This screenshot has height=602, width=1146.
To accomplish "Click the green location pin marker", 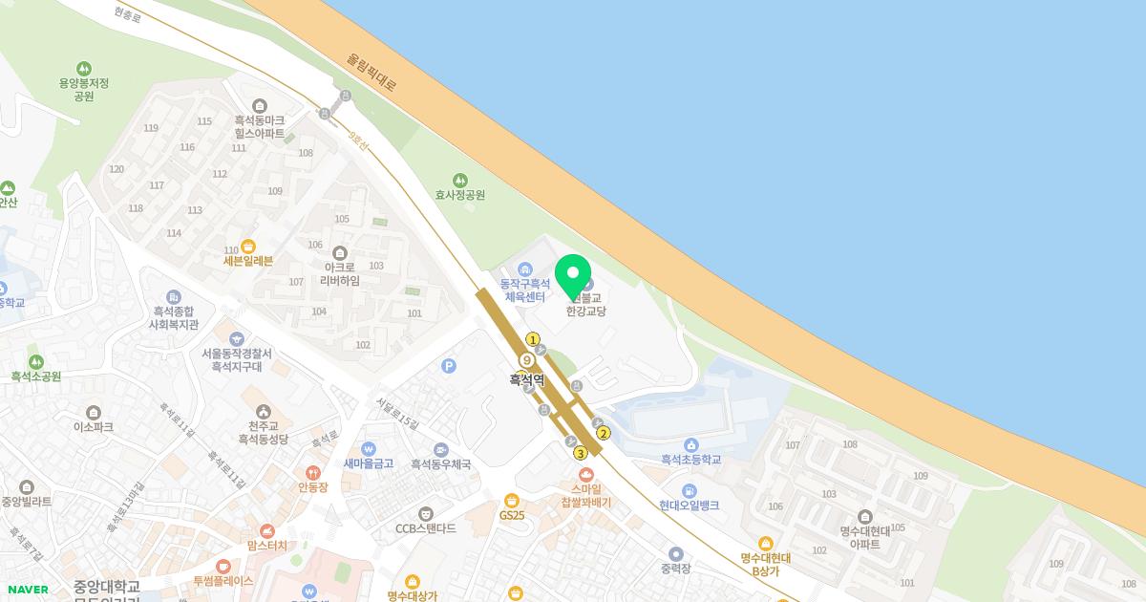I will click(573, 276).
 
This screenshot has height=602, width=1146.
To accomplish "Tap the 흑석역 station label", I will click(526, 379).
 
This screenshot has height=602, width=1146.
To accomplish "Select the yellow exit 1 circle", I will click(533, 339).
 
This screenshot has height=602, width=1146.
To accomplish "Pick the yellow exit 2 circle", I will click(603, 433).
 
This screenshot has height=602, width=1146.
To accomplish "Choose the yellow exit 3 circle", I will click(579, 453).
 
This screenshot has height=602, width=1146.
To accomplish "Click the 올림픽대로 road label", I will click(372, 72).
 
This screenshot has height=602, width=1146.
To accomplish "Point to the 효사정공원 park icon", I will click(460, 180).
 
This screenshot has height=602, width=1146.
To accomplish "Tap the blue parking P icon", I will click(449, 366).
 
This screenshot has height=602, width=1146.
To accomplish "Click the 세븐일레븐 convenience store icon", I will click(248, 247).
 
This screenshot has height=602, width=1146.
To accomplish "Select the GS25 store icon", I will click(512, 500).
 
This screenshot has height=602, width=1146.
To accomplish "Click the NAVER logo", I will click(28, 590).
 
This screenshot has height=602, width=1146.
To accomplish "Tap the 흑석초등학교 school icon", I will click(691, 445).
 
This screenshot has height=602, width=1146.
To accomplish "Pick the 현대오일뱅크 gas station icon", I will click(690, 491).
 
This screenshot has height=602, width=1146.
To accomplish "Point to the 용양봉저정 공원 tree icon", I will click(84, 69).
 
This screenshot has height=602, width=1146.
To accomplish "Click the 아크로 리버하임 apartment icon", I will click(341, 252).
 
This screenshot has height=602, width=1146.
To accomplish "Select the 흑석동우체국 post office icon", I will click(440, 449).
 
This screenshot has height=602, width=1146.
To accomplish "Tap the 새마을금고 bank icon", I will click(369, 449).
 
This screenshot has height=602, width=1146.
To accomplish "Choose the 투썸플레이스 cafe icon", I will click(223, 567).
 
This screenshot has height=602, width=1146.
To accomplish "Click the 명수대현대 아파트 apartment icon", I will click(865, 517).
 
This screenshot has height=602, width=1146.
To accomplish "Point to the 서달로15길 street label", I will click(398, 413).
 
